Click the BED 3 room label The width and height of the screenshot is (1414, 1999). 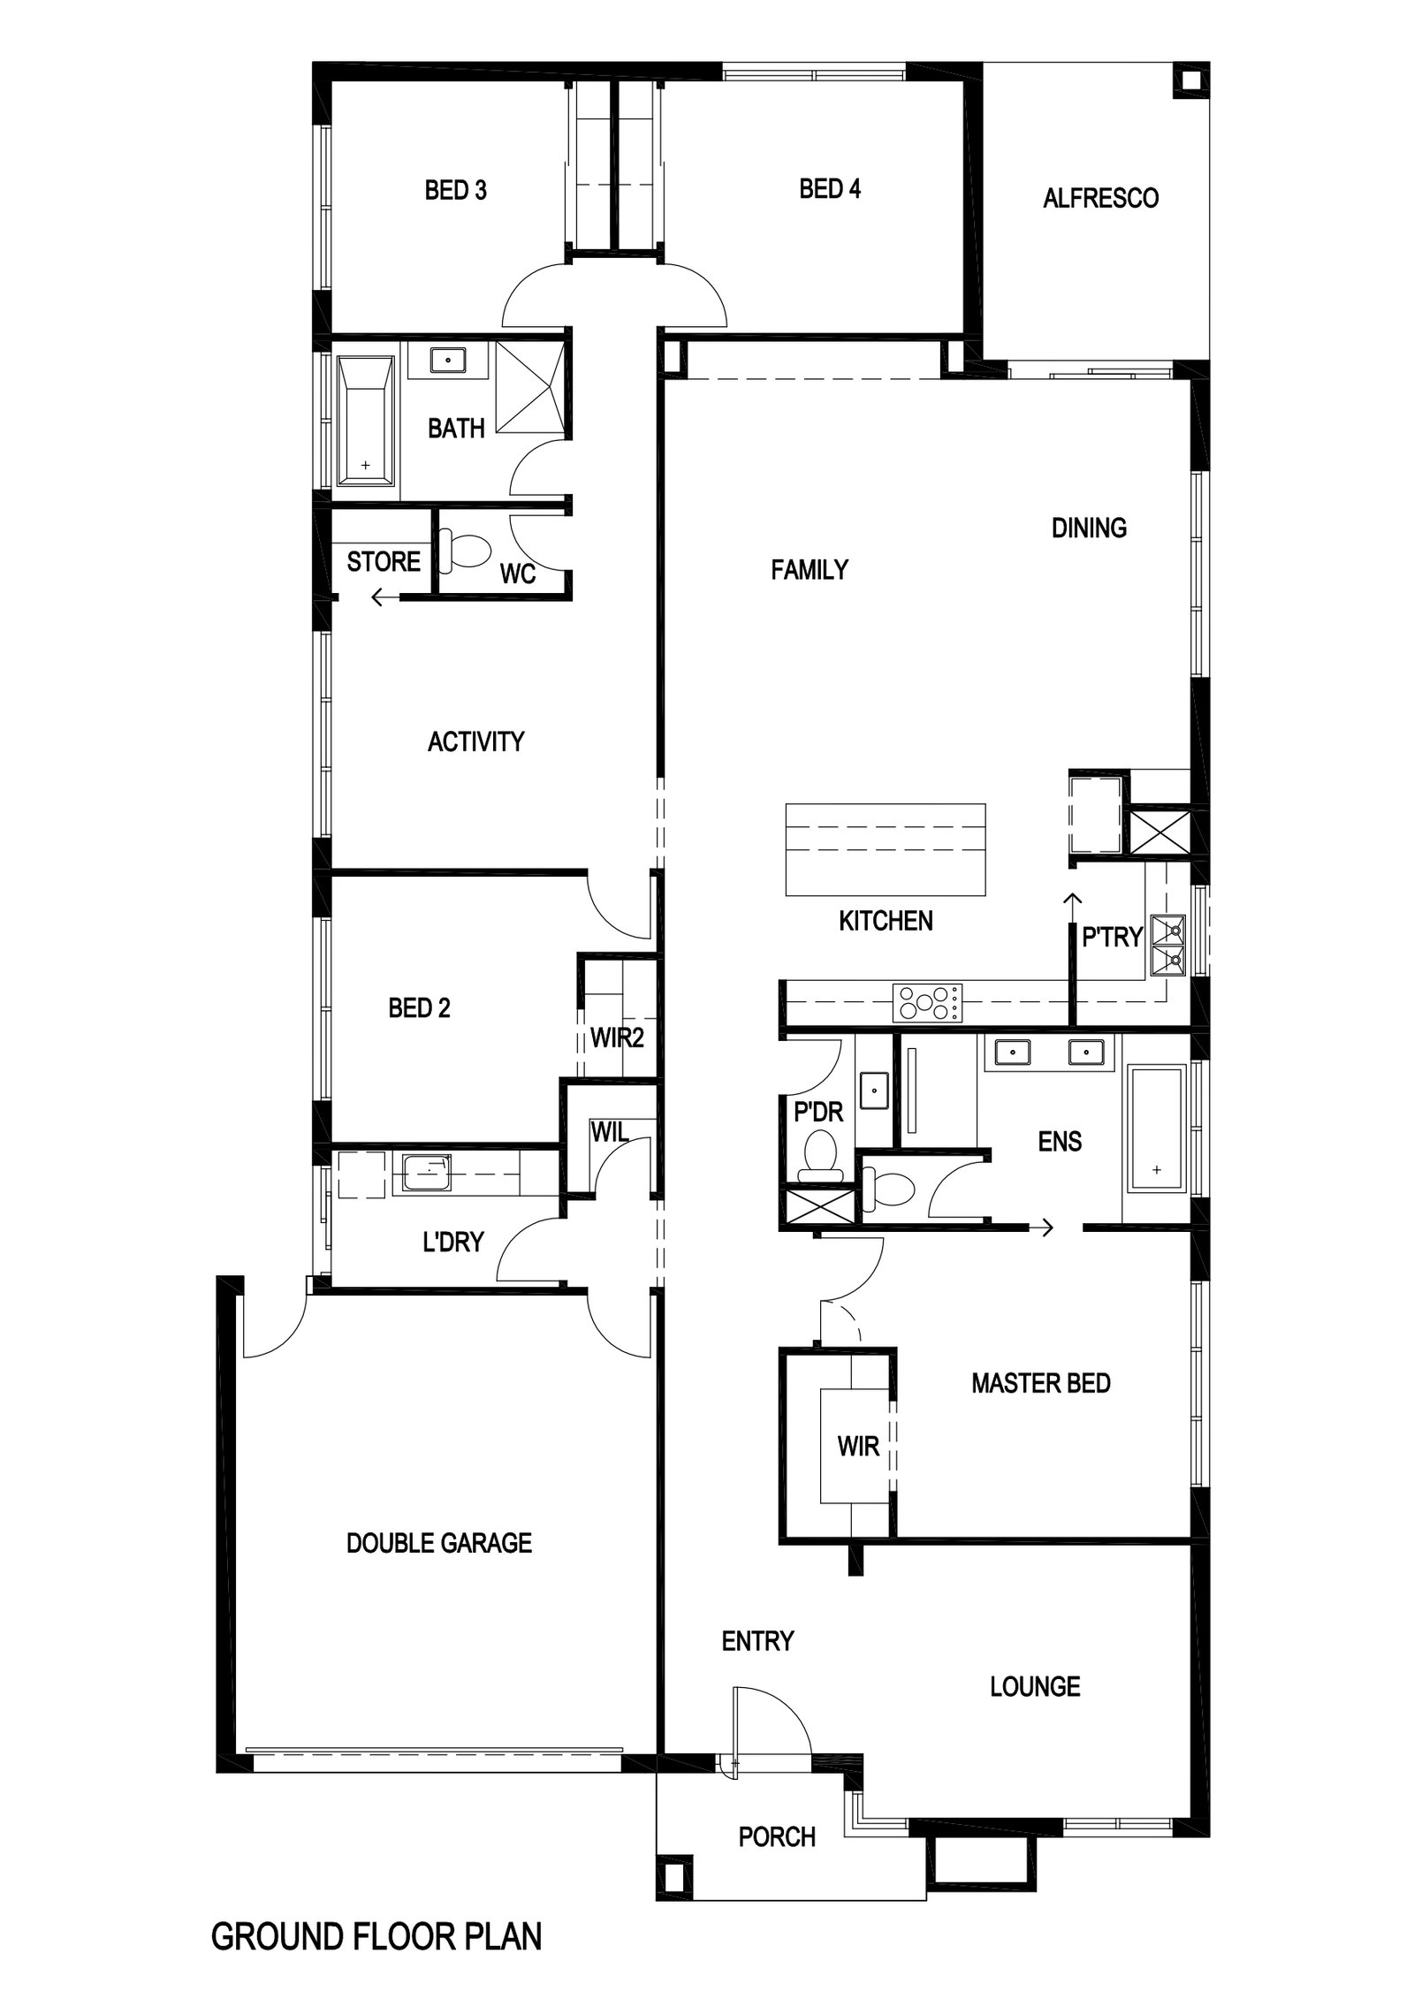(x=455, y=190)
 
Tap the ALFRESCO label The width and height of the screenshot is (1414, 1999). (x=1100, y=198)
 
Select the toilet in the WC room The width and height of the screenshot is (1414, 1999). (x=464, y=550)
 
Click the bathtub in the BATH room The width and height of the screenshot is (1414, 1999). (x=365, y=421)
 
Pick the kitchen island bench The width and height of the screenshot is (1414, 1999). (x=886, y=849)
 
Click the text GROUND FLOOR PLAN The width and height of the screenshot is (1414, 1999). (x=376, y=1930)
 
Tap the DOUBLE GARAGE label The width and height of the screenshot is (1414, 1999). (x=439, y=1543)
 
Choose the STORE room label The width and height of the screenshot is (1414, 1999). (x=384, y=561)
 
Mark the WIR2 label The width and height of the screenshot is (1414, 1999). (x=617, y=1038)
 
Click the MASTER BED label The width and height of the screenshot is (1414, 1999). (x=1040, y=1384)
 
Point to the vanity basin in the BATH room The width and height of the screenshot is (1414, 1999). (x=449, y=361)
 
